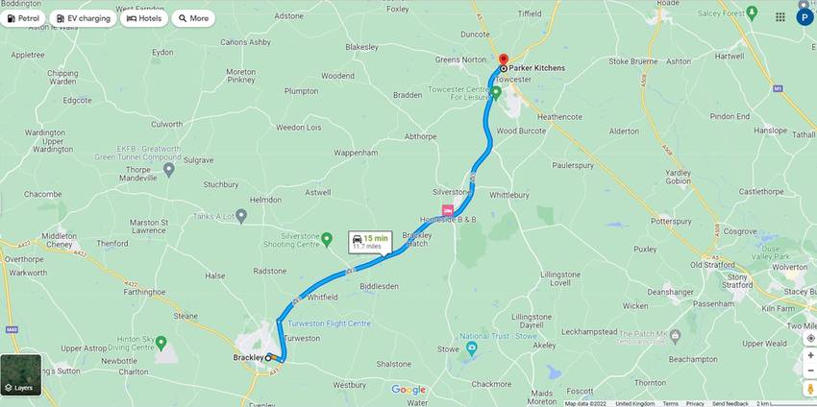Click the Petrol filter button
[x=24, y=18]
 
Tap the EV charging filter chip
[x=83, y=18]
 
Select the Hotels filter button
[x=144, y=18]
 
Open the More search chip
[x=193, y=18]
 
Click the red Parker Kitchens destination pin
[x=503, y=60]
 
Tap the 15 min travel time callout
[x=370, y=241]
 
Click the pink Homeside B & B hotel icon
[x=447, y=210]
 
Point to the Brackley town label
[x=247, y=357]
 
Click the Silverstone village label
[x=451, y=191]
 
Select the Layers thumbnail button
[x=21, y=374]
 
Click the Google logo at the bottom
[x=408, y=390]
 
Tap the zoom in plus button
[x=810, y=355]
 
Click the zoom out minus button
[x=810, y=371]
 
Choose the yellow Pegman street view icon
[x=810, y=389]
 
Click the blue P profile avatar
[x=804, y=17]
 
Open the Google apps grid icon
[x=780, y=17]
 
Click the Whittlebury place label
[x=510, y=194]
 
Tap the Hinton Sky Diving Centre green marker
[x=161, y=343]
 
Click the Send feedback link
[x=730, y=403]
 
